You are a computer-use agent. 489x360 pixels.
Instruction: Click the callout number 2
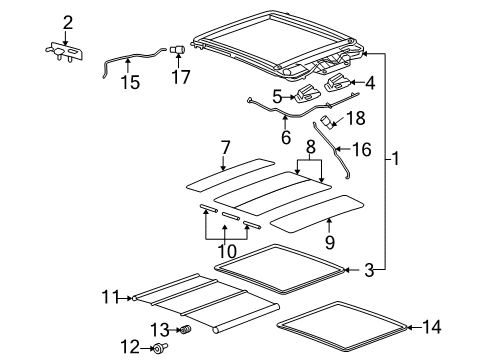[68, 22]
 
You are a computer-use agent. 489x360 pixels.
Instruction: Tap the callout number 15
[127, 84]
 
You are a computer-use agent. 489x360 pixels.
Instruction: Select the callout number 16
[363, 150]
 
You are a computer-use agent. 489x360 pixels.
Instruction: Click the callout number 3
[368, 269]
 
